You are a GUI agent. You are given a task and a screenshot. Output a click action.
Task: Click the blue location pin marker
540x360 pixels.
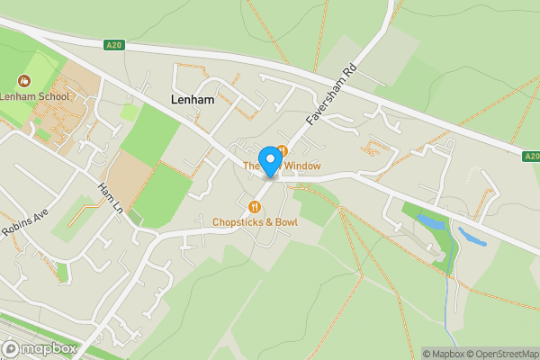click(x=268, y=161)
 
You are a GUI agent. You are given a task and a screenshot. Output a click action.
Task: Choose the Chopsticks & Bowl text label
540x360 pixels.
click(x=255, y=221)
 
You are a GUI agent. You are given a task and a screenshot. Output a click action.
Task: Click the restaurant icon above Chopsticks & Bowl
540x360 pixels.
click(x=255, y=207)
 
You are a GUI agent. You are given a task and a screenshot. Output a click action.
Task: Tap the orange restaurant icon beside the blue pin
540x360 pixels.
click(x=282, y=150)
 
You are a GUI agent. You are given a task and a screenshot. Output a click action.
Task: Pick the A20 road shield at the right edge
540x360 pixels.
click(x=531, y=156)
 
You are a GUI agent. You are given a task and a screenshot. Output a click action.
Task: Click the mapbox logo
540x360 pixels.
click(x=40, y=348)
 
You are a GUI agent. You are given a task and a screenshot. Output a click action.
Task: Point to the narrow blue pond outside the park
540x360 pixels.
click(x=472, y=238)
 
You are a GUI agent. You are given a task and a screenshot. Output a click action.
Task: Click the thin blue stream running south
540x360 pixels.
click(x=446, y=301)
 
